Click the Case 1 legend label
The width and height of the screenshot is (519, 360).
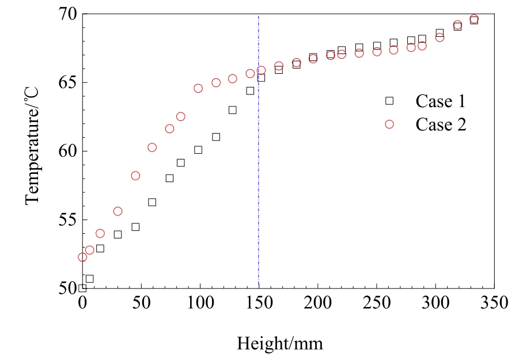tap(440, 101)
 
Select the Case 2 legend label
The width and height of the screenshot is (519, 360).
tap(441, 125)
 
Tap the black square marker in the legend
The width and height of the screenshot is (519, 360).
tap(389, 101)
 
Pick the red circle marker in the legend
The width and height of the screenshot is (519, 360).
tap(389, 124)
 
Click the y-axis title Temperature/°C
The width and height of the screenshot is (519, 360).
tap(32, 151)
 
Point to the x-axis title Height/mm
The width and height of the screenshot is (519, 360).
tap(280, 344)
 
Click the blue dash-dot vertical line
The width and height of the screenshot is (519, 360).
tap(259, 173)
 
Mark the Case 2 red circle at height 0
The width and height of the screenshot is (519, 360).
tap(82, 257)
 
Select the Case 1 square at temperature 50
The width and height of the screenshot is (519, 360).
tap(82, 288)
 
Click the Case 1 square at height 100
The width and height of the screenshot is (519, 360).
tap(198, 150)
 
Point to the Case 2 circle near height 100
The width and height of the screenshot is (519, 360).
tap(198, 88)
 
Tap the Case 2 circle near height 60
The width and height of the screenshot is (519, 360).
tap(152, 147)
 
